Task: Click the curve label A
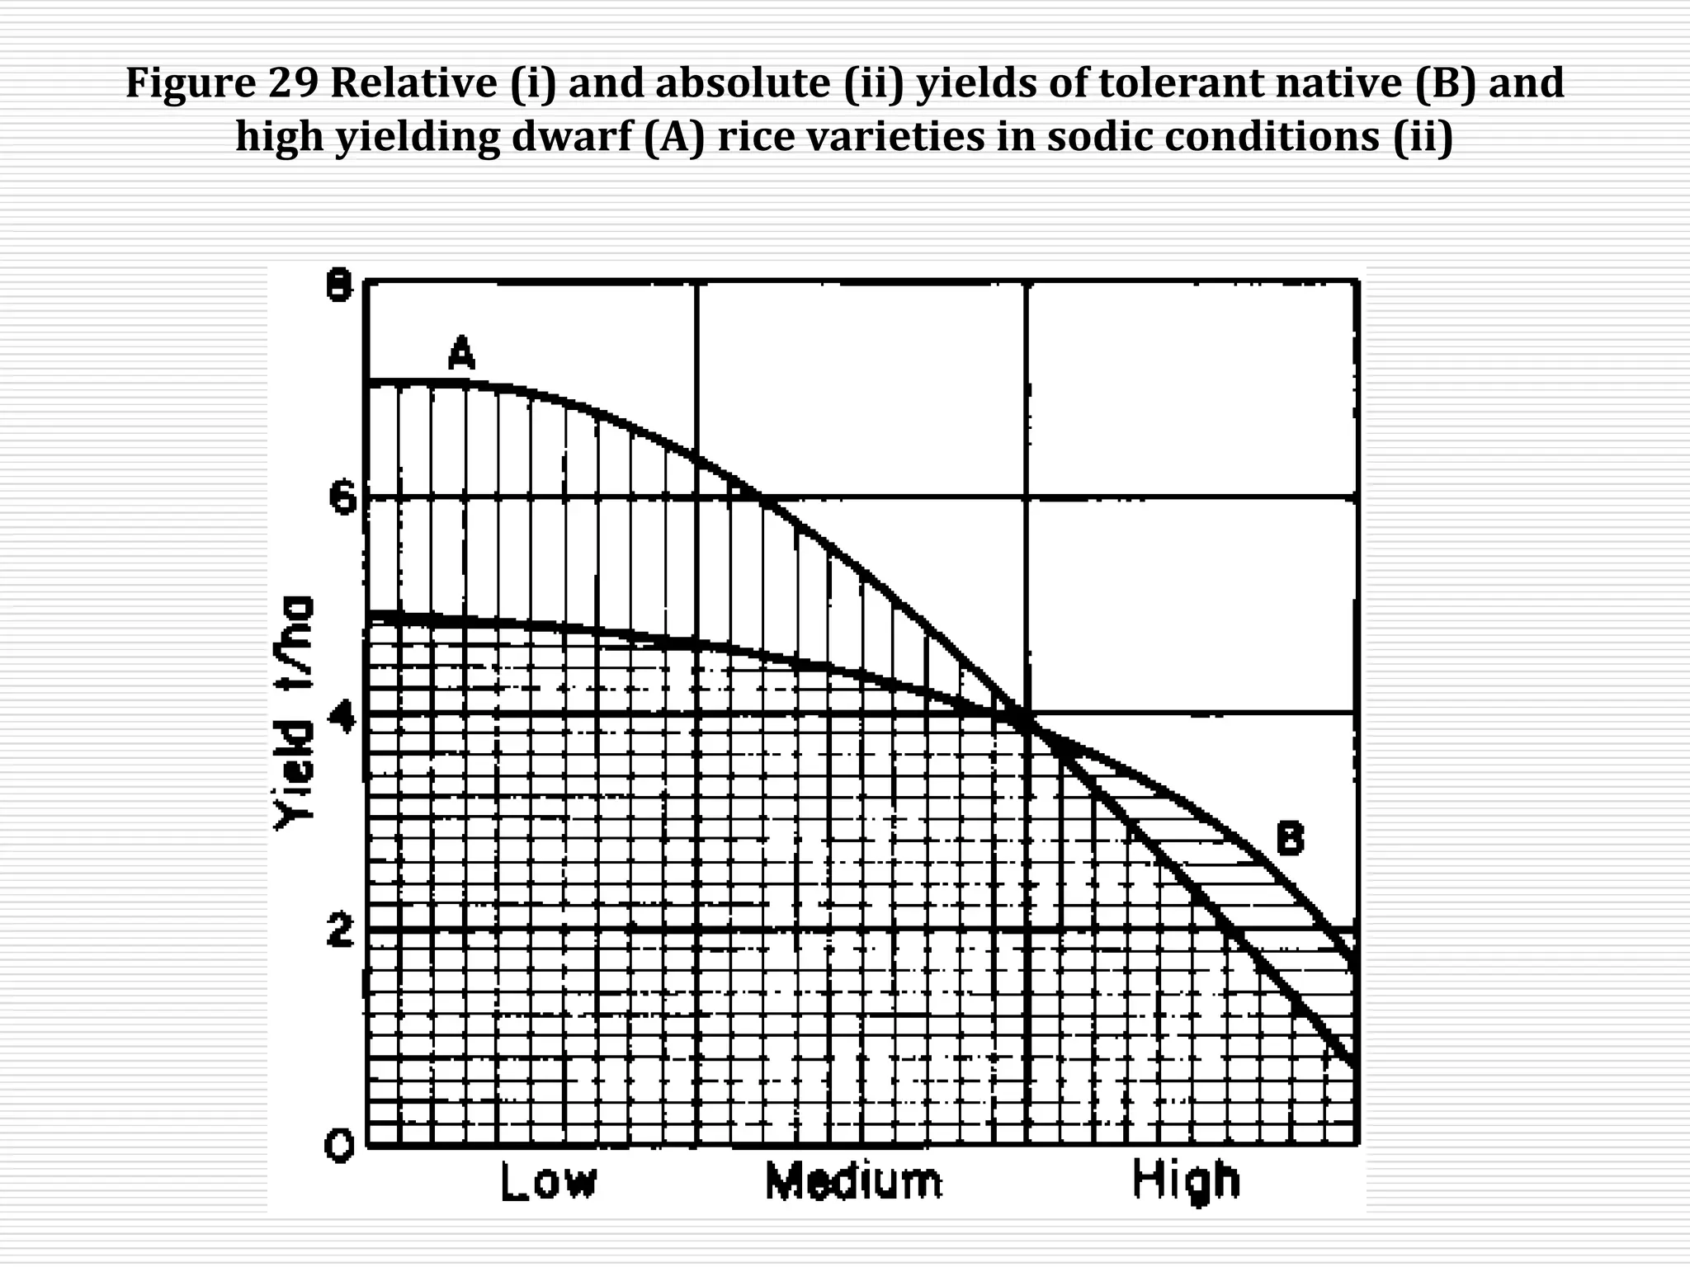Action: point(462,355)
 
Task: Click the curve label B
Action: point(1291,839)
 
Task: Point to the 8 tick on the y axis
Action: point(339,288)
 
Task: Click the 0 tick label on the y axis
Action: point(339,1146)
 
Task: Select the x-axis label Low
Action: point(548,1181)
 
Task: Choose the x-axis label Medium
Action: point(853,1181)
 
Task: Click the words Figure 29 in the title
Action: point(222,83)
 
